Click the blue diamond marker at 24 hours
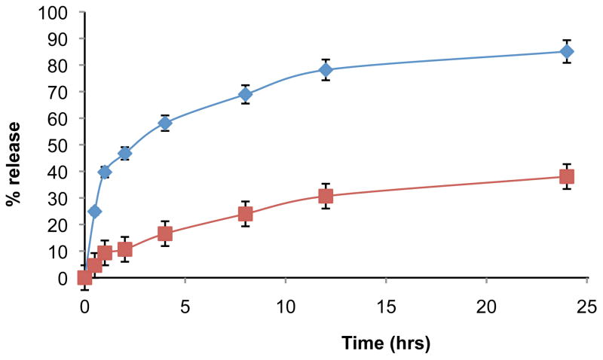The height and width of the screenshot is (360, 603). tap(566, 51)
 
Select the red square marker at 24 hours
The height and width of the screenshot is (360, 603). tap(566, 176)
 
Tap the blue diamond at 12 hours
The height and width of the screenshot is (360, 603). tap(326, 69)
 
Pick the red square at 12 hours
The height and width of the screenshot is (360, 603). tap(326, 196)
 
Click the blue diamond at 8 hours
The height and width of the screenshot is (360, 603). tap(245, 94)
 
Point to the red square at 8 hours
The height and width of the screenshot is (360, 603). tap(245, 214)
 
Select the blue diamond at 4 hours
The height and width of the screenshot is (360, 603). tap(165, 123)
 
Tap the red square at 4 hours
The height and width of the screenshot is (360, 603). tap(165, 233)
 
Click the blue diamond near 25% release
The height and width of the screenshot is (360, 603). tap(94, 211)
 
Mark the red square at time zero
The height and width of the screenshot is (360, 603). tap(84, 278)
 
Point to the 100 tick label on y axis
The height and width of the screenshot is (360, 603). tap(54, 13)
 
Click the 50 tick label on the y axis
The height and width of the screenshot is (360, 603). tap(58, 145)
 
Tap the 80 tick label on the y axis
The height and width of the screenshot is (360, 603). tap(58, 66)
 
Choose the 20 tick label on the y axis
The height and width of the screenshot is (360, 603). tap(58, 224)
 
